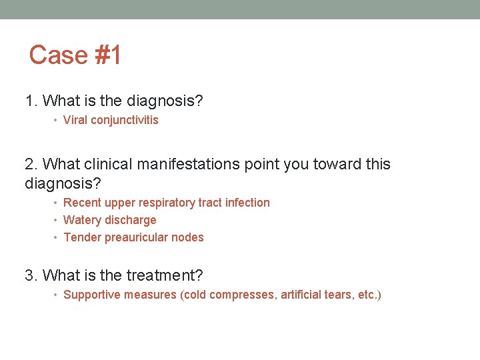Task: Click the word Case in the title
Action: (59, 55)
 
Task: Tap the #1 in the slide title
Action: (108, 55)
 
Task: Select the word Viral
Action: (75, 120)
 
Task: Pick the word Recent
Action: (81, 203)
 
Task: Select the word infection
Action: (247, 203)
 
